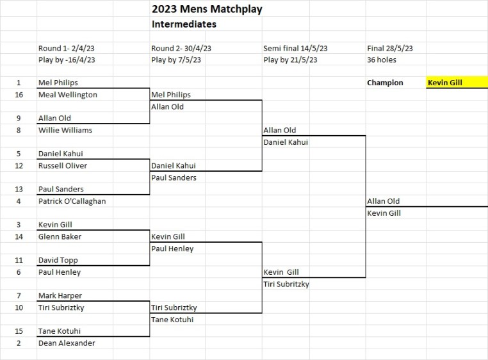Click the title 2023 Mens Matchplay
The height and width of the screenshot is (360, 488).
pos(207,9)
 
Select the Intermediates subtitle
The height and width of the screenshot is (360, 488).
pos(184,24)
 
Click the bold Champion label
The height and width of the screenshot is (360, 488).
pos(385,83)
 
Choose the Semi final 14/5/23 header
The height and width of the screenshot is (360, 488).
pos(295,48)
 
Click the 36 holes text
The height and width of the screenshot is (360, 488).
pos(382,60)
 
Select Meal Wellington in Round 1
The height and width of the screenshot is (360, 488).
pos(68,95)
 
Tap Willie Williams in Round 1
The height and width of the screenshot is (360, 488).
pos(65,130)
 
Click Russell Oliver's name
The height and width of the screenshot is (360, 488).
pos(63,166)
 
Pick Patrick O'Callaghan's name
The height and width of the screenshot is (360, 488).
pos(72,201)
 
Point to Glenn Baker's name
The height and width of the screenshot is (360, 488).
pos(60,237)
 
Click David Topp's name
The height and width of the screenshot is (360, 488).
pos(58,260)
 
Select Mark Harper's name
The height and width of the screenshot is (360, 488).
pos(60,296)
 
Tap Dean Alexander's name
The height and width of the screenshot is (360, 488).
pos(67,343)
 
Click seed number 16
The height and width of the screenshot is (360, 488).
pos(19,95)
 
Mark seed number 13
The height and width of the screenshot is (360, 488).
pos(19,190)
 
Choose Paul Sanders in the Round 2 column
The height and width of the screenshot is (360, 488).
pos(174,177)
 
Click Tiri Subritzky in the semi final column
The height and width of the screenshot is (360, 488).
pos(286,284)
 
